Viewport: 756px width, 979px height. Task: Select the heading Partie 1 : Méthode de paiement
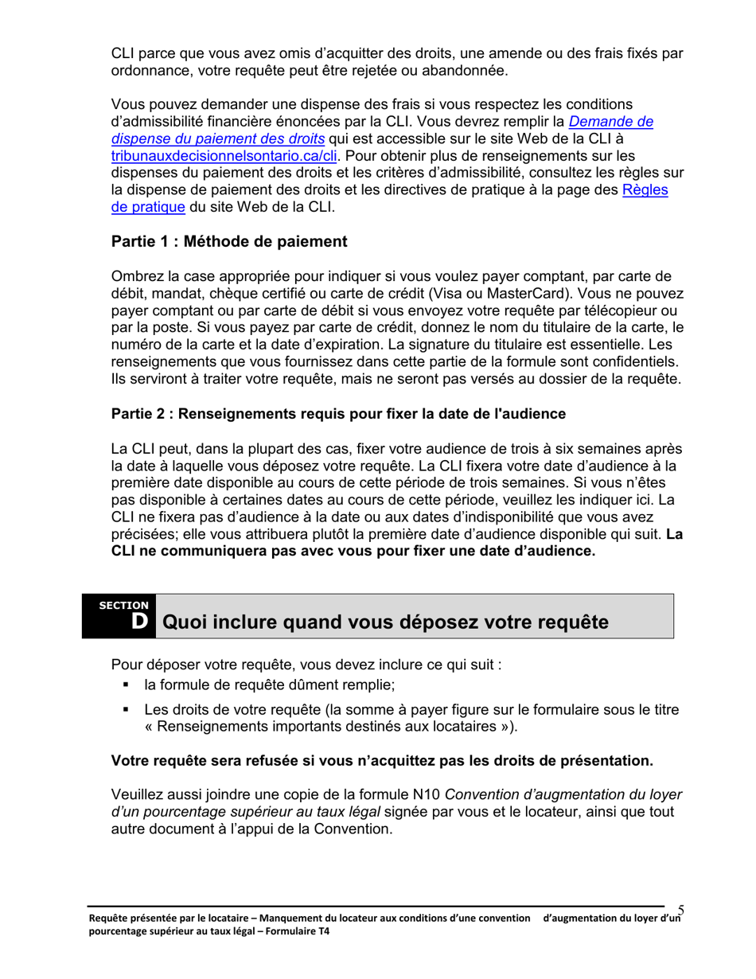229,240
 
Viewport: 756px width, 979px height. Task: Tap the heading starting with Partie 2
338,414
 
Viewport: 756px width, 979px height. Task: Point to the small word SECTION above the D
123,606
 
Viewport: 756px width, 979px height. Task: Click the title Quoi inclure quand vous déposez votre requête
385,622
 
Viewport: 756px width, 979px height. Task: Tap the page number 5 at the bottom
681,910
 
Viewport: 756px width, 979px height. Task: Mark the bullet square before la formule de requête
126,685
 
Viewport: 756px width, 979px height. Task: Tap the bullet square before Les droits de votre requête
126,710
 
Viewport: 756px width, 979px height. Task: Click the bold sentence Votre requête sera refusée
382,761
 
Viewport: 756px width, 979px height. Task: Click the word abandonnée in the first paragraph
463,71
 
